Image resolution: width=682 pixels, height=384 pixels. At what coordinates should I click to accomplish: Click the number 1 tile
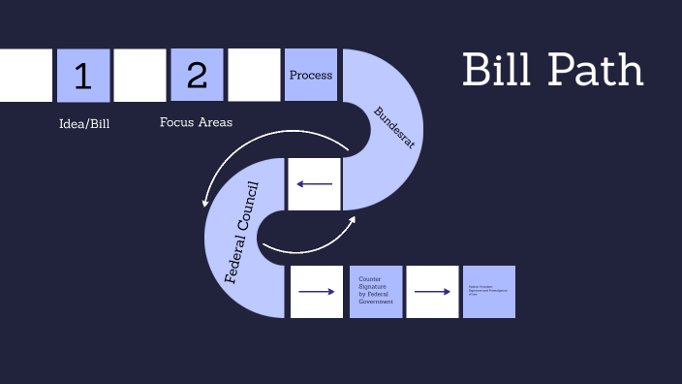click(83, 76)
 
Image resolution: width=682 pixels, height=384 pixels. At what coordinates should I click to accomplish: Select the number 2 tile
click(197, 76)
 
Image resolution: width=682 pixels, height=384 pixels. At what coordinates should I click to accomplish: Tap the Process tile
click(311, 75)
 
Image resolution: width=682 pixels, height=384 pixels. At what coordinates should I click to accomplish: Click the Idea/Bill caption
click(84, 123)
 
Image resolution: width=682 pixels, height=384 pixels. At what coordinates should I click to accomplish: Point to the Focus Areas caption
click(196, 122)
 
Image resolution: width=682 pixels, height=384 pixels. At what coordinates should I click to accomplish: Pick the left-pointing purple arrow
click(315, 184)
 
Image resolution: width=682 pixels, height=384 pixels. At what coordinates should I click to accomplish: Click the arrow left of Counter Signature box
click(317, 292)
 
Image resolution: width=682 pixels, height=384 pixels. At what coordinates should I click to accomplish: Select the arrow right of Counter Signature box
click(432, 292)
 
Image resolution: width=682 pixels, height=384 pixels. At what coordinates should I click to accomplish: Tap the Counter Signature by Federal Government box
click(376, 291)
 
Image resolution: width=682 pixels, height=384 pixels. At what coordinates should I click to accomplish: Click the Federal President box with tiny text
click(489, 291)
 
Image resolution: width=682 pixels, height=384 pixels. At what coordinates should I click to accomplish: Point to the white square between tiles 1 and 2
click(139, 76)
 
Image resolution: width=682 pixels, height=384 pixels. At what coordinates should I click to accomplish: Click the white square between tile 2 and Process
click(254, 76)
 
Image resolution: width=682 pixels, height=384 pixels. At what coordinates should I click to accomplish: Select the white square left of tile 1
click(25, 76)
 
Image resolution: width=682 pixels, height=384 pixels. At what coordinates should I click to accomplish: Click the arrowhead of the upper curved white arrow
click(205, 203)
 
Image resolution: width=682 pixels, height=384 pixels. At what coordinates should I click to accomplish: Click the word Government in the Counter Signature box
click(376, 303)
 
